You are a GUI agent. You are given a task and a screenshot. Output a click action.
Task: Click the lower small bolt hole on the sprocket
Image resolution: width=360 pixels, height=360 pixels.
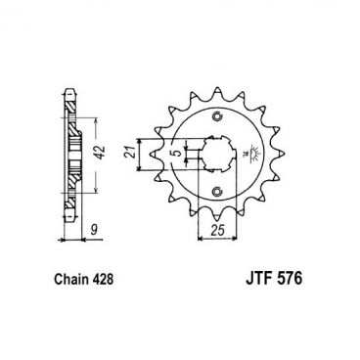(215, 191)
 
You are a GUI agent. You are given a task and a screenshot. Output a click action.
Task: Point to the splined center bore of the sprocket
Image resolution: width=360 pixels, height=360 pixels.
(215, 156)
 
